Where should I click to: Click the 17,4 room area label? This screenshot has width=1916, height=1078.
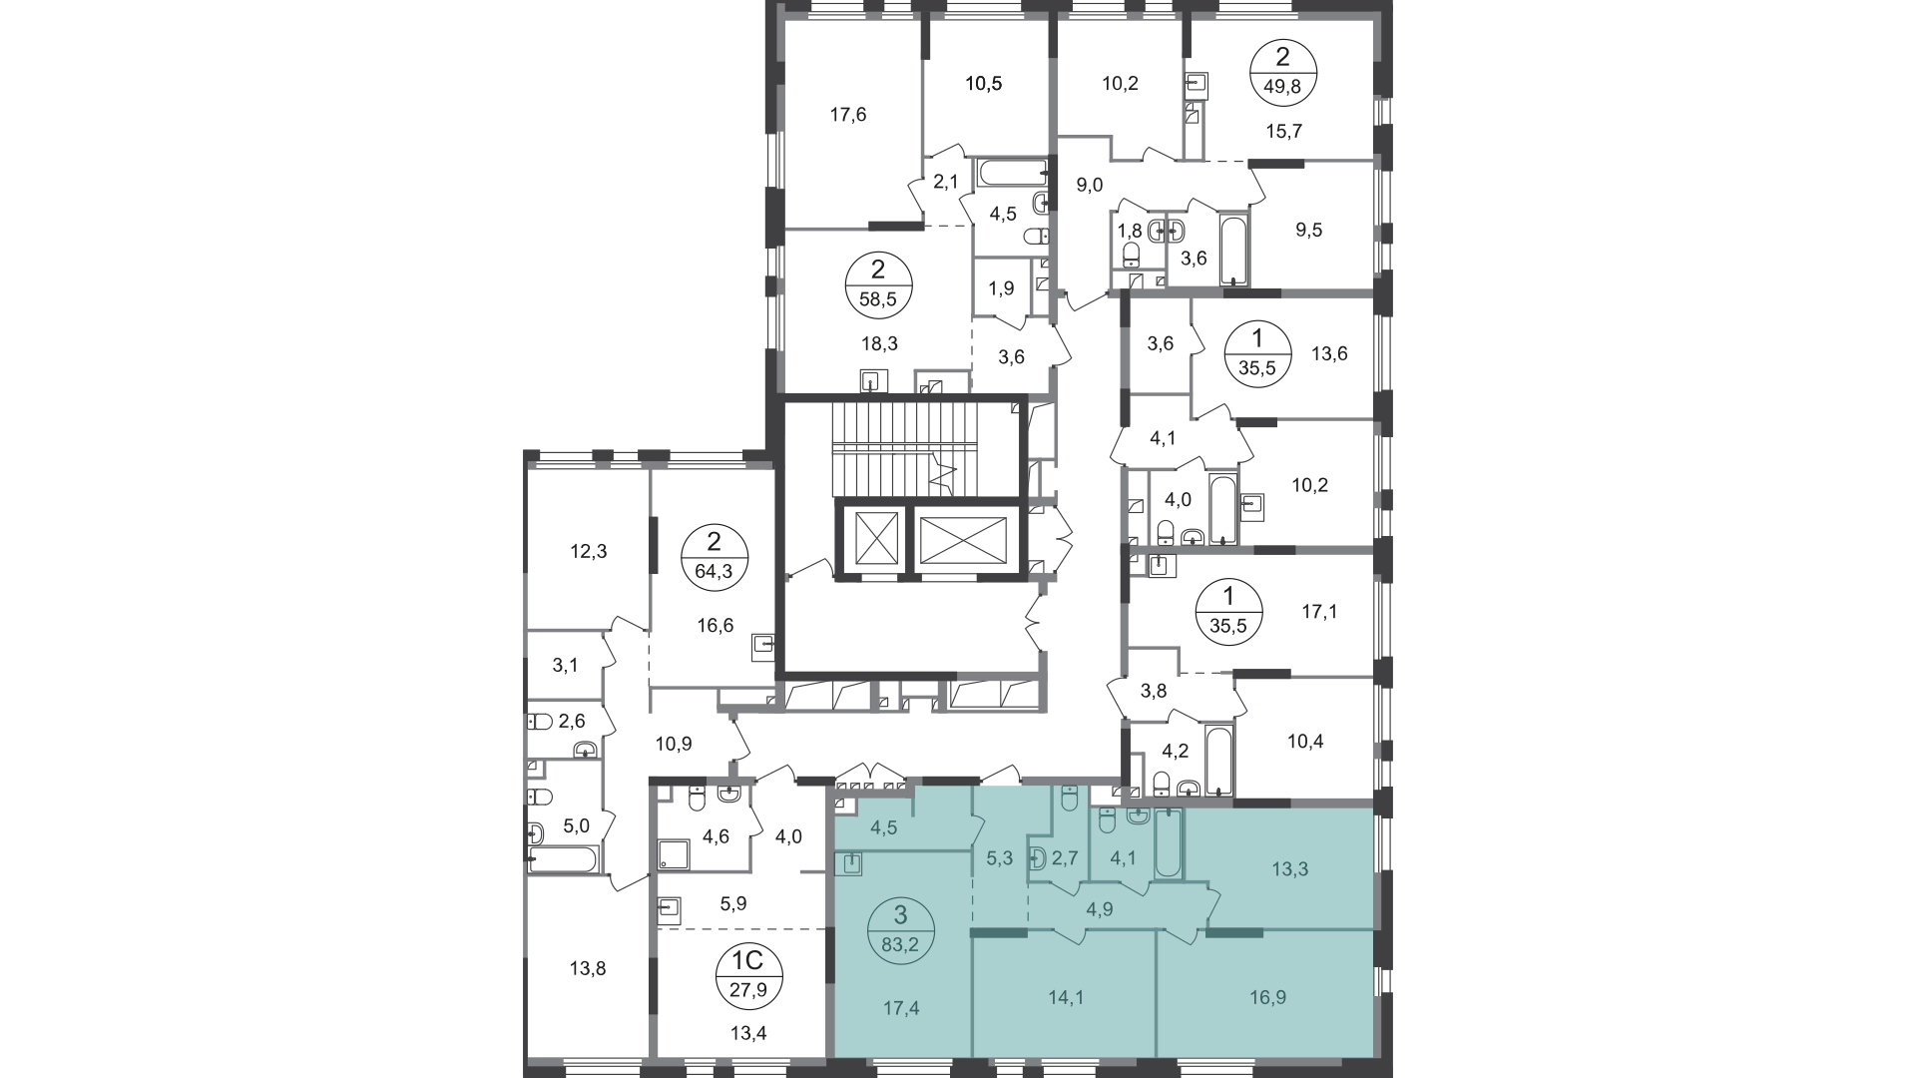[901, 1008]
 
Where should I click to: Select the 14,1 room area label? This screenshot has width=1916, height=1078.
[1066, 996]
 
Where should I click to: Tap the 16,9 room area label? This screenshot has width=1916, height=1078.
[1267, 996]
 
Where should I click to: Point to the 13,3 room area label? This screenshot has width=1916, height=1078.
[1289, 868]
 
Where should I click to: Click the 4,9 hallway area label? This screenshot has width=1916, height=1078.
[1100, 909]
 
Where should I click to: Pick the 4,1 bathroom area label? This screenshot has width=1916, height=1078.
[1123, 857]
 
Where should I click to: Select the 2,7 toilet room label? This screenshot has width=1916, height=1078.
[1065, 857]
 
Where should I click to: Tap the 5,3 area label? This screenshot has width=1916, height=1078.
[999, 857]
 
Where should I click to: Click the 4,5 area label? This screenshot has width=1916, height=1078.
[883, 826]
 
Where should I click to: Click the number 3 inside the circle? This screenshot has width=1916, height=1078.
[901, 915]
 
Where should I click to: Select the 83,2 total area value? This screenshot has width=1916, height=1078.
[901, 944]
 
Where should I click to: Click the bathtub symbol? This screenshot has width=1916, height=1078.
[1168, 844]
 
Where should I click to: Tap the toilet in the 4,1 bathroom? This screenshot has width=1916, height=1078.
[1106, 820]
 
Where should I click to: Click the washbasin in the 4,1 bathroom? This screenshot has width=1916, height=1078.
[1138, 815]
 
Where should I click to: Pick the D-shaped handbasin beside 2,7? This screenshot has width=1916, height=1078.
[1038, 858]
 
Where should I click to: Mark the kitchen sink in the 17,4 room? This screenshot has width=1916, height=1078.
[851, 864]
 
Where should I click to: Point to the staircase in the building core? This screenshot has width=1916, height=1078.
[928, 449]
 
